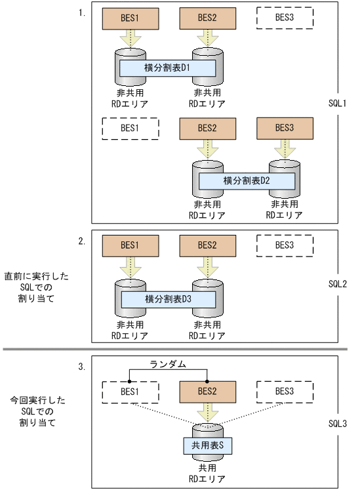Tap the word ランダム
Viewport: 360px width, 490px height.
tap(169, 364)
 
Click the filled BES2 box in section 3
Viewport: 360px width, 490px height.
tap(207, 392)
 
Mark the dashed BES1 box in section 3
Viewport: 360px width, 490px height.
tap(130, 392)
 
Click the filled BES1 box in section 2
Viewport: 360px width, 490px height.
tap(130, 245)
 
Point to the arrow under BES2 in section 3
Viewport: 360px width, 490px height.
tap(207, 415)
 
